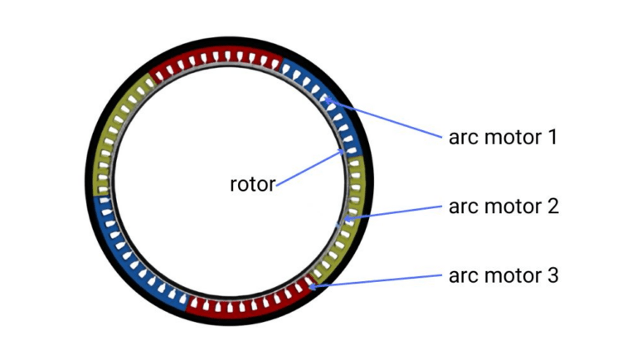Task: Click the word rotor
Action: pos(251,184)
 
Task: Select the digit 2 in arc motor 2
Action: pos(551,205)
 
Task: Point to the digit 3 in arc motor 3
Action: pos(551,274)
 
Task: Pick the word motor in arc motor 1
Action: pos(511,137)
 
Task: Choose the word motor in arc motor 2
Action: pos(511,206)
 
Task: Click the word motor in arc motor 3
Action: pos(511,275)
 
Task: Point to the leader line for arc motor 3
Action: pos(377,280)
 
